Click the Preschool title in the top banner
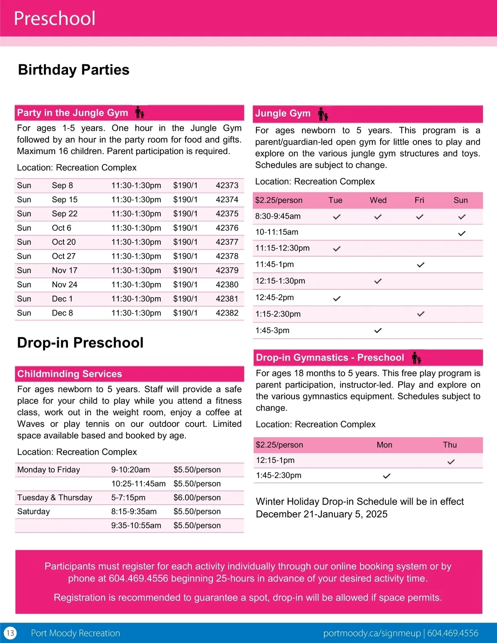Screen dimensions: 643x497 pyautogui.click(x=55, y=19)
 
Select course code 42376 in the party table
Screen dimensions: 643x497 pyautogui.click(x=227, y=228)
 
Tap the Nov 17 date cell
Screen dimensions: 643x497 pyautogui.click(x=65, y=270)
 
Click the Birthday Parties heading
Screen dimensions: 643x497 pyautogui.click(x=74, y=70)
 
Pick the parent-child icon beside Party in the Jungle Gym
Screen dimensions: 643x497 pyautogui.click(x=140, y=112)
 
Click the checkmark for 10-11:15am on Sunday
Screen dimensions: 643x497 pyautogui.click(x=462, y=233)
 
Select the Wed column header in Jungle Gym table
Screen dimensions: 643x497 pyautogui.click(x=378, y=200)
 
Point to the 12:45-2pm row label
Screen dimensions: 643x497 pyautogui.click(x=275, y=297)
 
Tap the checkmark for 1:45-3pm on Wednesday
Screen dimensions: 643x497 pyautogui.click(x=378, y=330)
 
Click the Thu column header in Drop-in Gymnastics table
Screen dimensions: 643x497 pyautogui.click(x=450, y=445)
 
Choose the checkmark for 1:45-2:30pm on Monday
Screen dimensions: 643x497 pyautogui.click(x=386, y=476)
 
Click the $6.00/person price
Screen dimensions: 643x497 pyautogui.click(x=197, y=498)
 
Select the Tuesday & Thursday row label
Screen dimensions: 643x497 pyautogui.click(x=55, y=498)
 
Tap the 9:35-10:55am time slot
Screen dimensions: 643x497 pyautogui.click(x=136, y=525)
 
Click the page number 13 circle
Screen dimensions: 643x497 pyautogui.click(x=10, y=633)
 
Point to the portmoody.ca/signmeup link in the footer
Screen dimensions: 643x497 pyautogui.click(x=372, y=633)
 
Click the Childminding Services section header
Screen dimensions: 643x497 pyautogui.click(x=70, y=374)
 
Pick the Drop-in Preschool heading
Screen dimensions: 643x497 pyautogui.click(x=80, y=343)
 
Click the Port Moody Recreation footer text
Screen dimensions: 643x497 pyautogui.click(x=75, y=633)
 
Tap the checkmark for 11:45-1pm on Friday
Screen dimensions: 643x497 pyautogui.click(x=420, y=265)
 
